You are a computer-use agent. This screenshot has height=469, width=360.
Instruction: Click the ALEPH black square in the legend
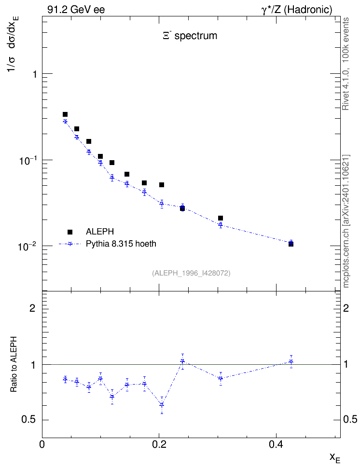70,232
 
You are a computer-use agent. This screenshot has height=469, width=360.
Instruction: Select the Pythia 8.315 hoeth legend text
121,244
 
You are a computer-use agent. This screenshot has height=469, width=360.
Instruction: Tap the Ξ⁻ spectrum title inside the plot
190,36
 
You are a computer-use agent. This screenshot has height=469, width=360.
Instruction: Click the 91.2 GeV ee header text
76,10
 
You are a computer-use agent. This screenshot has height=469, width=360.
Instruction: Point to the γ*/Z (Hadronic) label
297,10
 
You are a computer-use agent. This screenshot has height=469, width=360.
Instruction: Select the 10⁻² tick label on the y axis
28,246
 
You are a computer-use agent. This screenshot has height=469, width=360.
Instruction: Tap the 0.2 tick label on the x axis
159,444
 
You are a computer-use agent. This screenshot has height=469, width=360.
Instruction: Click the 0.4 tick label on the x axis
276,444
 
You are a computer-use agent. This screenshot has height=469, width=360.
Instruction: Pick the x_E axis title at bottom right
335,457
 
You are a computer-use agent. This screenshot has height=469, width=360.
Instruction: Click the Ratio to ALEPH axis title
14,364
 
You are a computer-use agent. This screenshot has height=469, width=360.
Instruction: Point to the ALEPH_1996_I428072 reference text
191,273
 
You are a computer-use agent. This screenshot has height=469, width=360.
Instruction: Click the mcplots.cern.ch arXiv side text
346,221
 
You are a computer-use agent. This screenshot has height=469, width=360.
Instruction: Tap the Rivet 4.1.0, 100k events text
346,64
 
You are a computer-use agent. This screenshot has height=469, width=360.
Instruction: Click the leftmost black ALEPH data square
65,114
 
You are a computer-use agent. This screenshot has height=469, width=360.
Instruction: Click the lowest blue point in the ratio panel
162,405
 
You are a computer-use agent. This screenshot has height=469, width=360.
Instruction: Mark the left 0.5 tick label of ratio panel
28,420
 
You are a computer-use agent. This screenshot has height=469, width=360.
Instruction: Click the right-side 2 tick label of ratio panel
346,308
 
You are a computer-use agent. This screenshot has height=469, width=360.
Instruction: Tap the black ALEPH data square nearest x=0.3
221,218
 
